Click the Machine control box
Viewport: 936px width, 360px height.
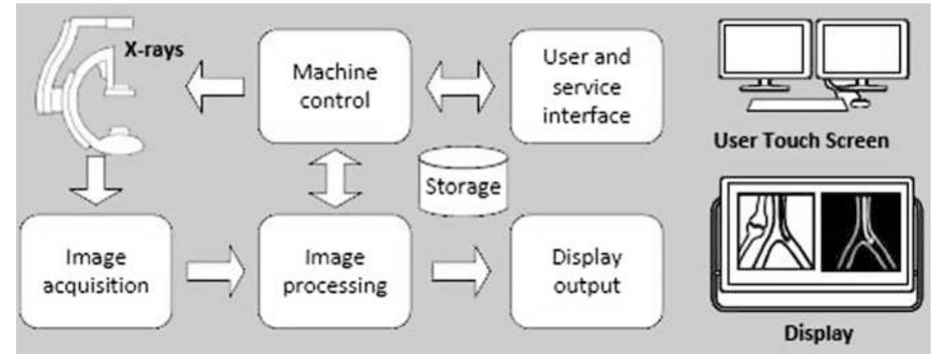pyautogui.click(x=334, y=86)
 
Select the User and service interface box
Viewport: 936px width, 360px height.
pyautogui.click(x=586, y=86)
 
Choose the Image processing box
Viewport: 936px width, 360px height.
pyautogui.click(x=334, y=271)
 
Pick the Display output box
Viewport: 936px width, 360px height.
pyautogui.click(x=586, y=271)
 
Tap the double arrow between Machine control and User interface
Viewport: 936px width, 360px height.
pyautogui.click(x=461, y=86)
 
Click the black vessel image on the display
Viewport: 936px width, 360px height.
pyautogui.click(x=861, y=231)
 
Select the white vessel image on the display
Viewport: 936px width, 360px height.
pyautogui.click(x=775, y=231)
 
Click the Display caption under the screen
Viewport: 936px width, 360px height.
pyautogui.click(x=819, y=333)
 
